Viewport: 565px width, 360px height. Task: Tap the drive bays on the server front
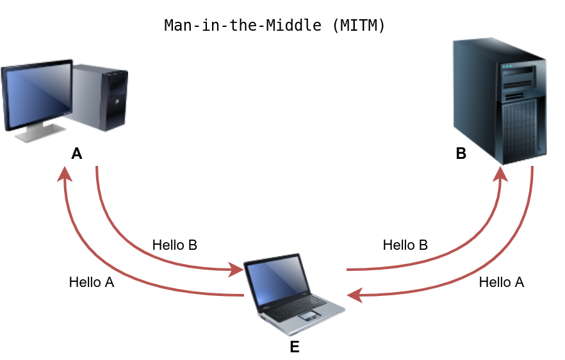coord(523,83)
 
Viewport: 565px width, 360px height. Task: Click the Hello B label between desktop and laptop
coord(174,245)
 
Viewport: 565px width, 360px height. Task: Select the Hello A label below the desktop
coord(92,282)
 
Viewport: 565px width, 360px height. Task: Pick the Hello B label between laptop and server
coord(405,245)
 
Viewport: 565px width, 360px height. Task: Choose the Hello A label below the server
coord(502,282)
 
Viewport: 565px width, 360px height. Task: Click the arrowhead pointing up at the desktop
coord(64,174)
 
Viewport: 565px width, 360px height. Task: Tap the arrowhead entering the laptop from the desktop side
coord(236,270)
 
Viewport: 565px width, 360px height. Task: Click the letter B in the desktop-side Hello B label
coord(192,245)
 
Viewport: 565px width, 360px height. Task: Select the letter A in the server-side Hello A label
coord(520,282)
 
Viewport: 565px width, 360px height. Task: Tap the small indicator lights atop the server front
coord(507,66)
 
